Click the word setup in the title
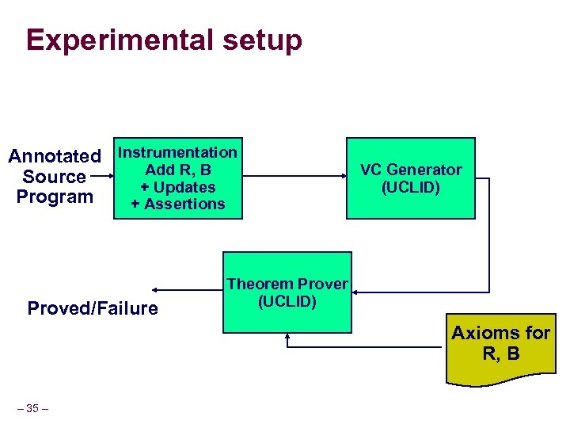263,40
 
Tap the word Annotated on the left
55,157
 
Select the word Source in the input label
55,177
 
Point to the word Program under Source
55,197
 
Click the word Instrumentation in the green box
177,152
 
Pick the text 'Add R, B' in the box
177,170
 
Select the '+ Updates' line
177,187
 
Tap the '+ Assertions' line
177,204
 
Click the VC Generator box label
411,170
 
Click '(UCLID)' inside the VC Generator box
411,188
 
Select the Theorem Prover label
287,284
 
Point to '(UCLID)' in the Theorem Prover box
287,301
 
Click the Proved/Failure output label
93,308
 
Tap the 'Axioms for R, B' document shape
500,346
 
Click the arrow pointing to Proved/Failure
186,291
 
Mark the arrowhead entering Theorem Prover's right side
357,291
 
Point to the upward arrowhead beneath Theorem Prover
287,337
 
